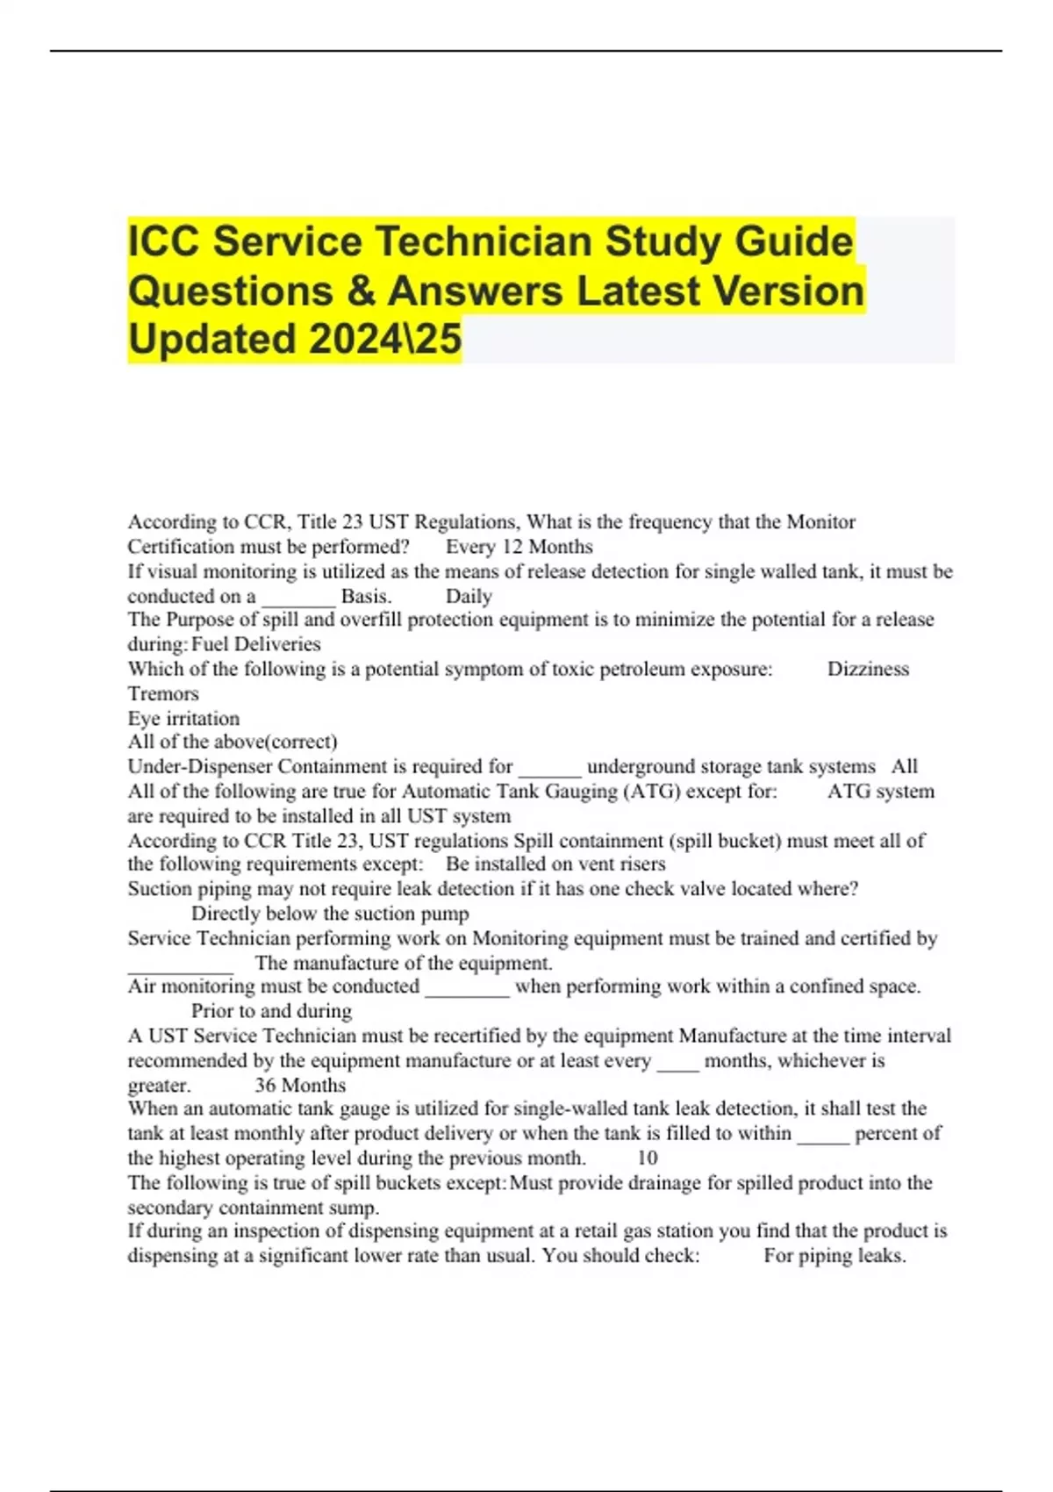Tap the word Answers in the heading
[479, 291]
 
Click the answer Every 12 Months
[519, 547]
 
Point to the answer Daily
[469, 597]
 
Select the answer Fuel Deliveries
[256, 644]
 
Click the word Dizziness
[868, 669]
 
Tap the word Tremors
[163, 693]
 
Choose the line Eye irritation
[183, 718]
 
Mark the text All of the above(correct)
[233, 742]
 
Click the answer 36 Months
[300, 1085]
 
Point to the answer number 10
[648, 1158]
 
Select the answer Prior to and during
[271, 1011]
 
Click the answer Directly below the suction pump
[330, 914]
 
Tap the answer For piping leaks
[835, 1256]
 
